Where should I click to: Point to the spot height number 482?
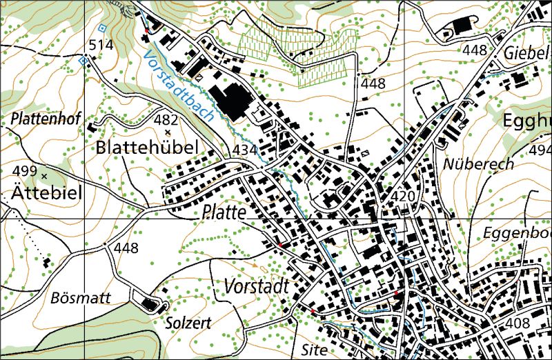166,119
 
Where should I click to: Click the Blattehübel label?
148,147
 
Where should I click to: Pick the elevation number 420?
402,197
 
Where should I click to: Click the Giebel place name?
527,52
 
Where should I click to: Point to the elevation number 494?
540,150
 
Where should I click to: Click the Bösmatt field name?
76,299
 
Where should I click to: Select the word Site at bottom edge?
313,349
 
